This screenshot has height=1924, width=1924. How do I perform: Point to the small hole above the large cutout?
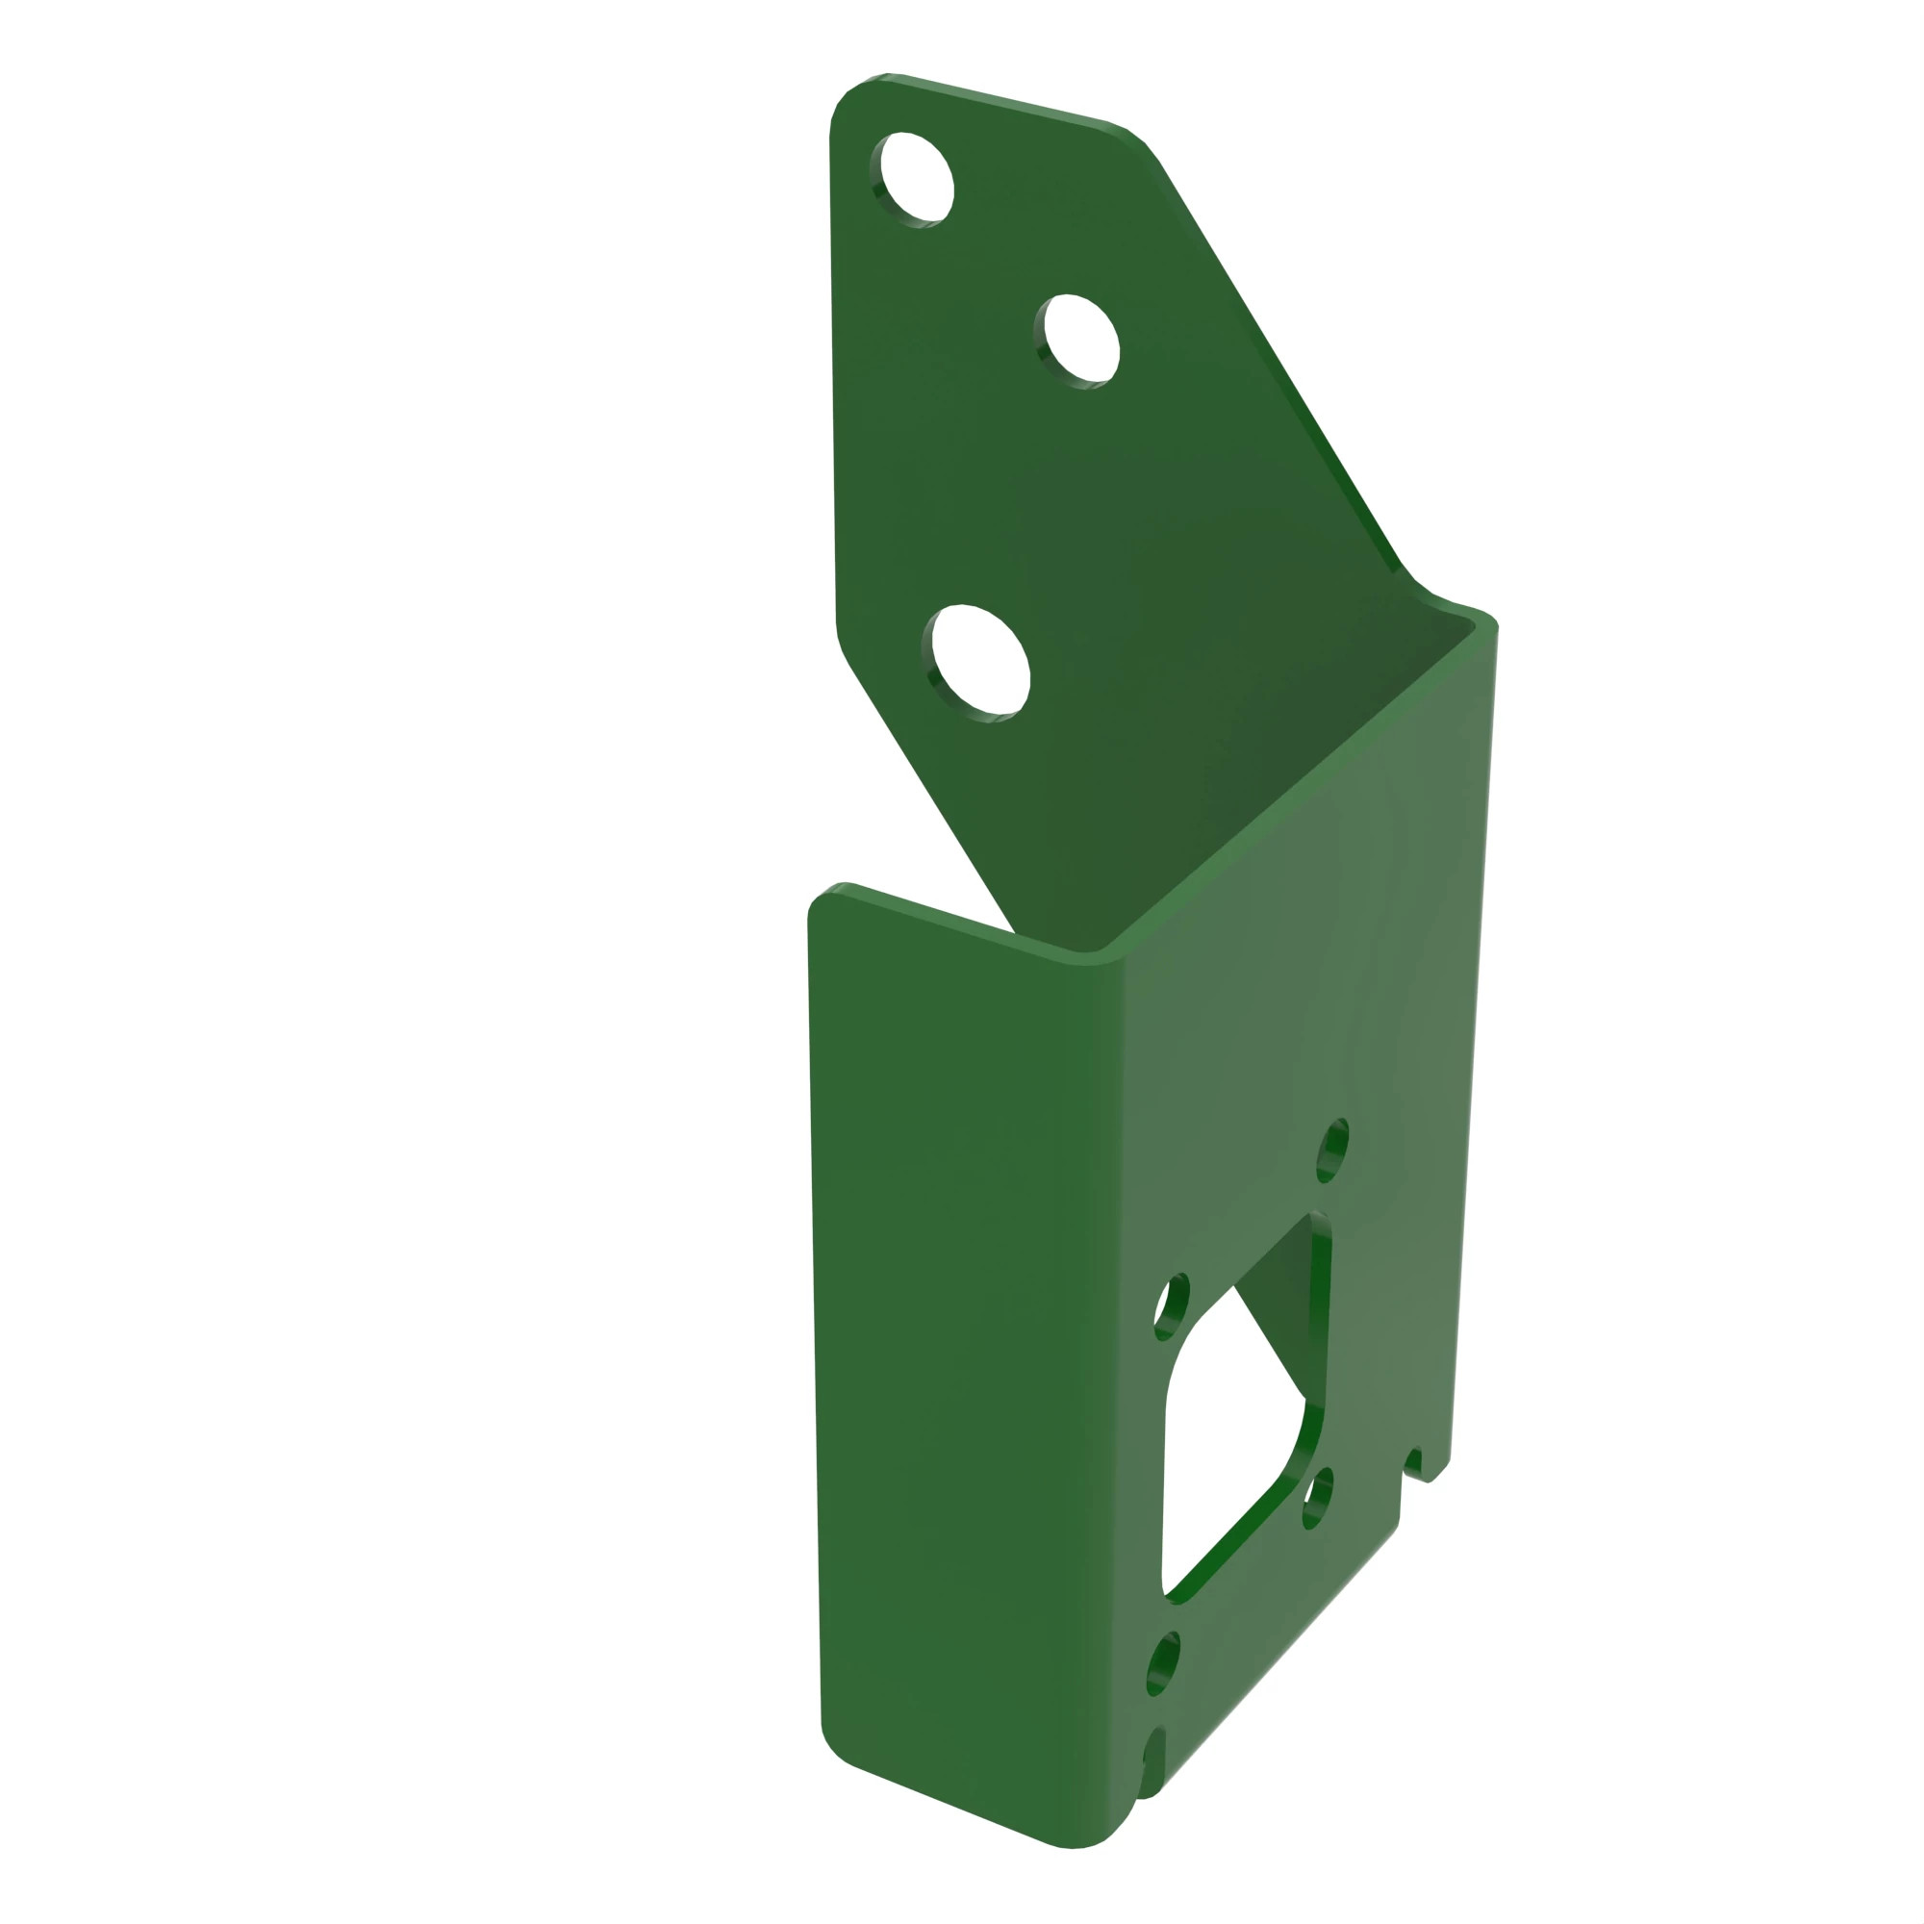pyautogui.click(x=1332, y=1152)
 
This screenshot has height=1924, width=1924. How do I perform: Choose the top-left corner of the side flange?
pyautogui.click(x=822, y=897)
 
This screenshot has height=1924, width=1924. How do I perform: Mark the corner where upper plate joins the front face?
pyautogui.click(x=1454, y=610)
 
